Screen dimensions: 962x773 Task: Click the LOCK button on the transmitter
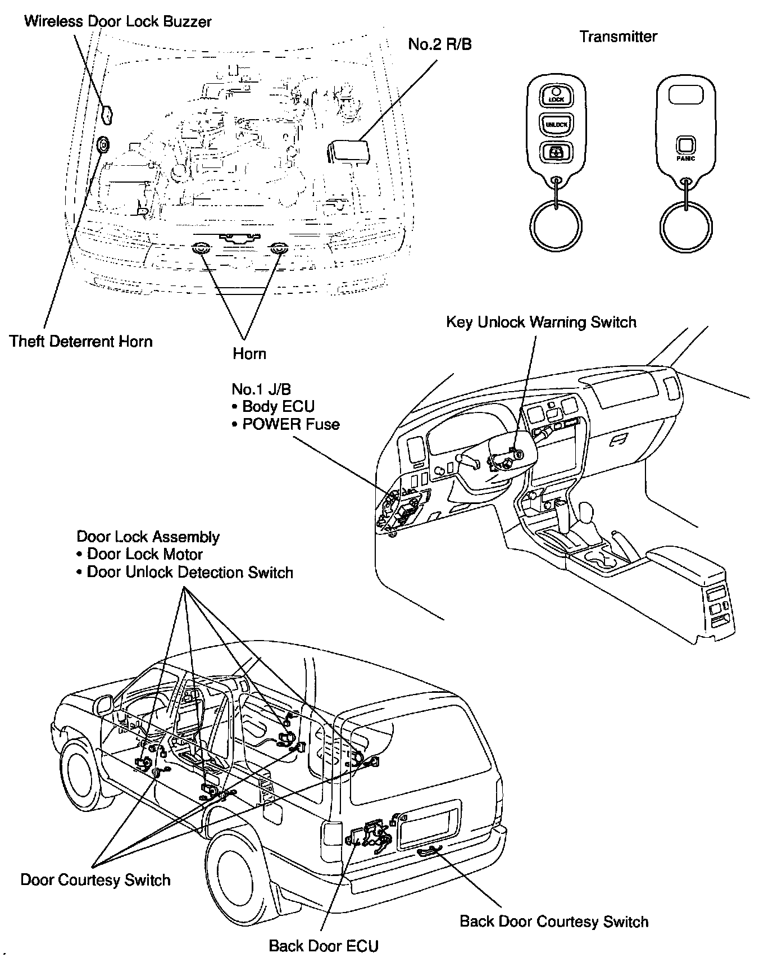556,96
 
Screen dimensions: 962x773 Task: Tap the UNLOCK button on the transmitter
556,123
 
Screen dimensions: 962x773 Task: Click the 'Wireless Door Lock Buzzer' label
118,22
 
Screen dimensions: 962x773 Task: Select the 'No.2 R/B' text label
440,44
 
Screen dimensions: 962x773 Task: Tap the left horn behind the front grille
201,248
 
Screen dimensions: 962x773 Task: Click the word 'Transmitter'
618,37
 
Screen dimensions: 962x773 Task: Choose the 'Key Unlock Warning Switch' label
541,322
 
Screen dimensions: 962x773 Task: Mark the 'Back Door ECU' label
324,946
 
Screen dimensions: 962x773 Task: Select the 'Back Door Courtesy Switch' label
554,922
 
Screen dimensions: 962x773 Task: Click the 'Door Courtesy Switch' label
96,879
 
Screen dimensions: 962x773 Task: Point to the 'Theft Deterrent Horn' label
81,341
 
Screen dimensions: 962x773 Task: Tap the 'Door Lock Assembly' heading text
148,537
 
